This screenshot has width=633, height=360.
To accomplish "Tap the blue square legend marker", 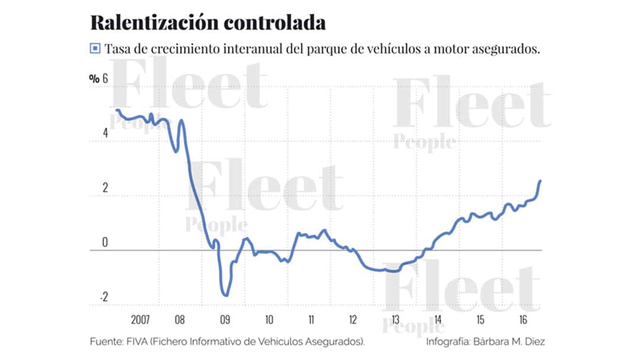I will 94,49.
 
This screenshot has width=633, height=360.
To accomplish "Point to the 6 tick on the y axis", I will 106,79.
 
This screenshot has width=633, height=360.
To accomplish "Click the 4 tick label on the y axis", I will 106,133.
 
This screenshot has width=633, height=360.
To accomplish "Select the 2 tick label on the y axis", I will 106,189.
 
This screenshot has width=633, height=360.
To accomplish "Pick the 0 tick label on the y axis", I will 106,243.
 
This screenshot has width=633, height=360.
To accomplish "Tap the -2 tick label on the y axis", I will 104,298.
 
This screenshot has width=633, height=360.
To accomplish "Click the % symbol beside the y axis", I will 94,79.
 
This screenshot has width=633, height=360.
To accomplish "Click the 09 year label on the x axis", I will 225,320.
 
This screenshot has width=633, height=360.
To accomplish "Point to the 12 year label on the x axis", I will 352,320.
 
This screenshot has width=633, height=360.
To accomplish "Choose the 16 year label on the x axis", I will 523,320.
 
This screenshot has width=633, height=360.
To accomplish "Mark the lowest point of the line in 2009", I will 225,295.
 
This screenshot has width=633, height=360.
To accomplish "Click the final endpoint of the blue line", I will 540,181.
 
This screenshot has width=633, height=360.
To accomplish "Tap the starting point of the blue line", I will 117,110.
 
